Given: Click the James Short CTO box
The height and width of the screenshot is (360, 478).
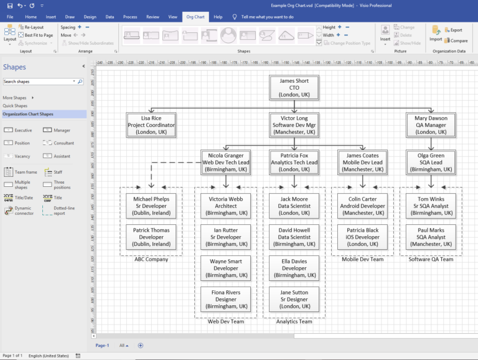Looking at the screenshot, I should point(294,88).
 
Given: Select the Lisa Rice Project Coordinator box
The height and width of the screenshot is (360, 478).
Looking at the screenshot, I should point(151,125).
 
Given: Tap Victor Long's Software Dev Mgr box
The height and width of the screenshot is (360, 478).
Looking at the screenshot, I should point(294,125).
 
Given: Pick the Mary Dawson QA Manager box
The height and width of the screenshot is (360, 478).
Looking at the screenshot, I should point(431,125).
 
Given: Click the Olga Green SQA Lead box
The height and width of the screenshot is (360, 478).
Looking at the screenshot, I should point(431,162).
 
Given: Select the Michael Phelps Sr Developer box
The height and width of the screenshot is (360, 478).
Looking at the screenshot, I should point(151,206).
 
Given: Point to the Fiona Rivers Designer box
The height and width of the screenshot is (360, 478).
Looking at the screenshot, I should point(225,299).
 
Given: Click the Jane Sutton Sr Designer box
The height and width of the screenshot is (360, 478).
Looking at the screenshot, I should point(294,299).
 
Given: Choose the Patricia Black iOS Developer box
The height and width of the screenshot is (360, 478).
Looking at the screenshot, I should point(362,237).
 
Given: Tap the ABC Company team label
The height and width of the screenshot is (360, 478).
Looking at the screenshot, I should point(151,259).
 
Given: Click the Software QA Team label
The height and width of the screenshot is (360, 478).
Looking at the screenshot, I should point(431,259).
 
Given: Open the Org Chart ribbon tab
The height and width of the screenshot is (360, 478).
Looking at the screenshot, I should point(195,17).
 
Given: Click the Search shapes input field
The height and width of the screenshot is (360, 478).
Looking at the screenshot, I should point(39,82).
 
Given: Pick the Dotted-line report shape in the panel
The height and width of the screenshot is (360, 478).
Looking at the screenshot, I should point(63,211).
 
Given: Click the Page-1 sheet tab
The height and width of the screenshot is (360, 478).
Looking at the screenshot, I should point(102,345).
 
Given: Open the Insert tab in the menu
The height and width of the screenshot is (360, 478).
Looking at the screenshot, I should point(50,17).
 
